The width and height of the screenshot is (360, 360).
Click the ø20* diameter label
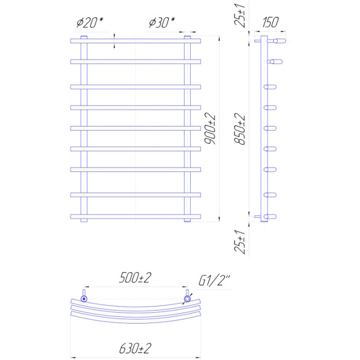point(90,23)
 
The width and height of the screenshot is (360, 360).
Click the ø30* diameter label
point(162,23)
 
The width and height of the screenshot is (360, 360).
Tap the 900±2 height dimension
point(210,129)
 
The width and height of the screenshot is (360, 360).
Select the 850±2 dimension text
point(240,129)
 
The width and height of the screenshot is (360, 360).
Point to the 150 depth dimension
point(270,22)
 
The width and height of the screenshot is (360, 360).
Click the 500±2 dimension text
point(135,278)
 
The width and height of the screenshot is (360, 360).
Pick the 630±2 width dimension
point(135,348)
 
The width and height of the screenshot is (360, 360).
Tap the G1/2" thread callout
point(214,280)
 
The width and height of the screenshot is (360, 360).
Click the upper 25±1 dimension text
point(240,15)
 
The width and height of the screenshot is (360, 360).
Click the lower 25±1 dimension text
point(240,242)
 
